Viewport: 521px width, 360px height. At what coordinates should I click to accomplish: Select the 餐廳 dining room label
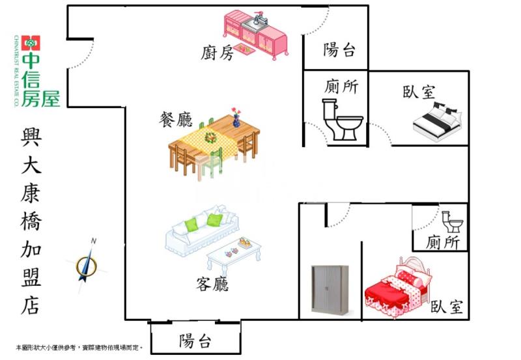tap(175, 119)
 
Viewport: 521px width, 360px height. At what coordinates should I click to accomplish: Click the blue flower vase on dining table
tap(236, 119)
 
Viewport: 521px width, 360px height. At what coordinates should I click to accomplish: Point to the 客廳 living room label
tap(212, 284)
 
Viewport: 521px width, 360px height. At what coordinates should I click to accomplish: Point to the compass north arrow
tap(86, 262)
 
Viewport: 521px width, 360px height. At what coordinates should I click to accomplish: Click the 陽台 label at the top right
tap(339, 49)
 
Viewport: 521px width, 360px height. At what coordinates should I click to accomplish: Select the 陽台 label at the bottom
tap(195, 341)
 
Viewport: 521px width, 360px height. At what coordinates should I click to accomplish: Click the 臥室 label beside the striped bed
tap(418, 92)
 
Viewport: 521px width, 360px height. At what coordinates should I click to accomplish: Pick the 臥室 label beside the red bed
tap(447, 307)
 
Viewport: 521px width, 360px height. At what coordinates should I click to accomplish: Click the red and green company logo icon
tap(30, 44)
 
